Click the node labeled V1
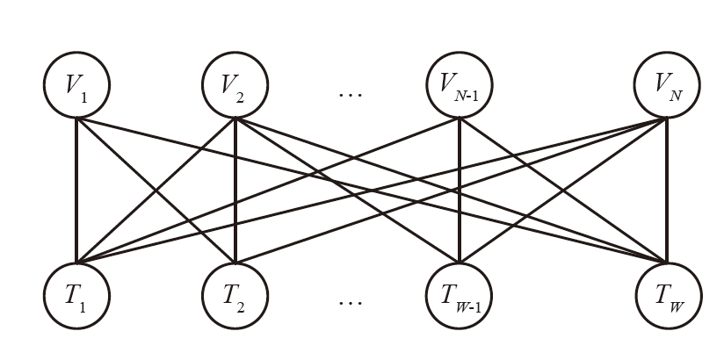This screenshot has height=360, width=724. (76, 86)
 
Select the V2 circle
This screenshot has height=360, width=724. (235, 86)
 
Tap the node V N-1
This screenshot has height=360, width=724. (458, 86)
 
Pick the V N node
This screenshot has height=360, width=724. (665, 86)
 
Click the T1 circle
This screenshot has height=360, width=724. (76, 294)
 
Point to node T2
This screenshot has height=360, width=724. (235, 294)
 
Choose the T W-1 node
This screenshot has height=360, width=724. (458, 294)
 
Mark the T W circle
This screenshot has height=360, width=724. (665, 294)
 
